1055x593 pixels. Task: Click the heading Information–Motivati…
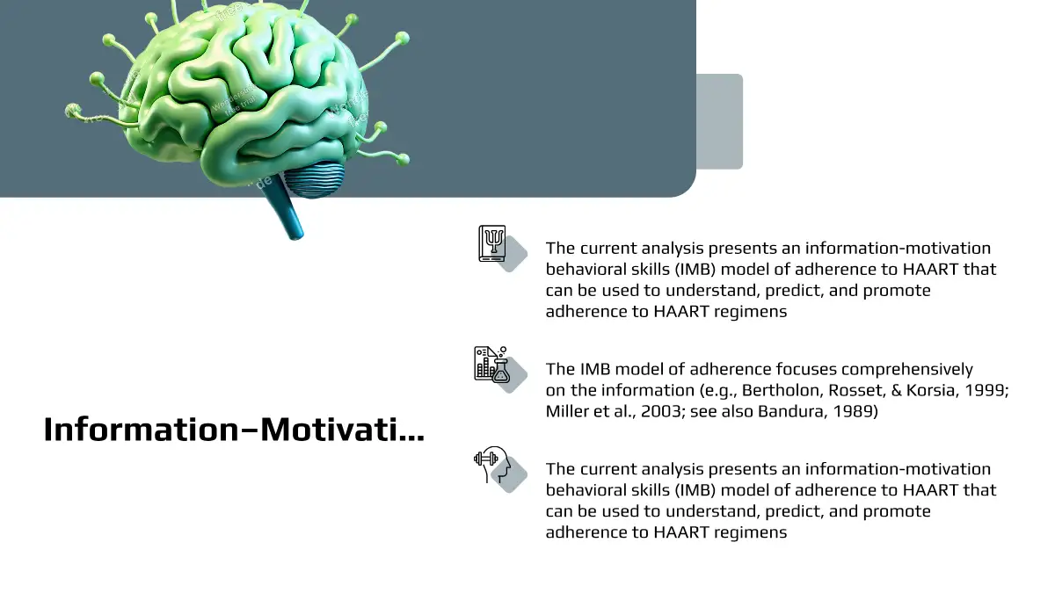coord(234,430)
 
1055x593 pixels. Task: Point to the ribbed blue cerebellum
coord(313,177)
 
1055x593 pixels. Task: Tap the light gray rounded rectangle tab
coord(719,121)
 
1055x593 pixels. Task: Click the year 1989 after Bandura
coord(855,411)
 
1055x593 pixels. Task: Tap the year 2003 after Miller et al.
coord(663,411)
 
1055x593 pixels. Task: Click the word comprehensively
coord(907,370)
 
